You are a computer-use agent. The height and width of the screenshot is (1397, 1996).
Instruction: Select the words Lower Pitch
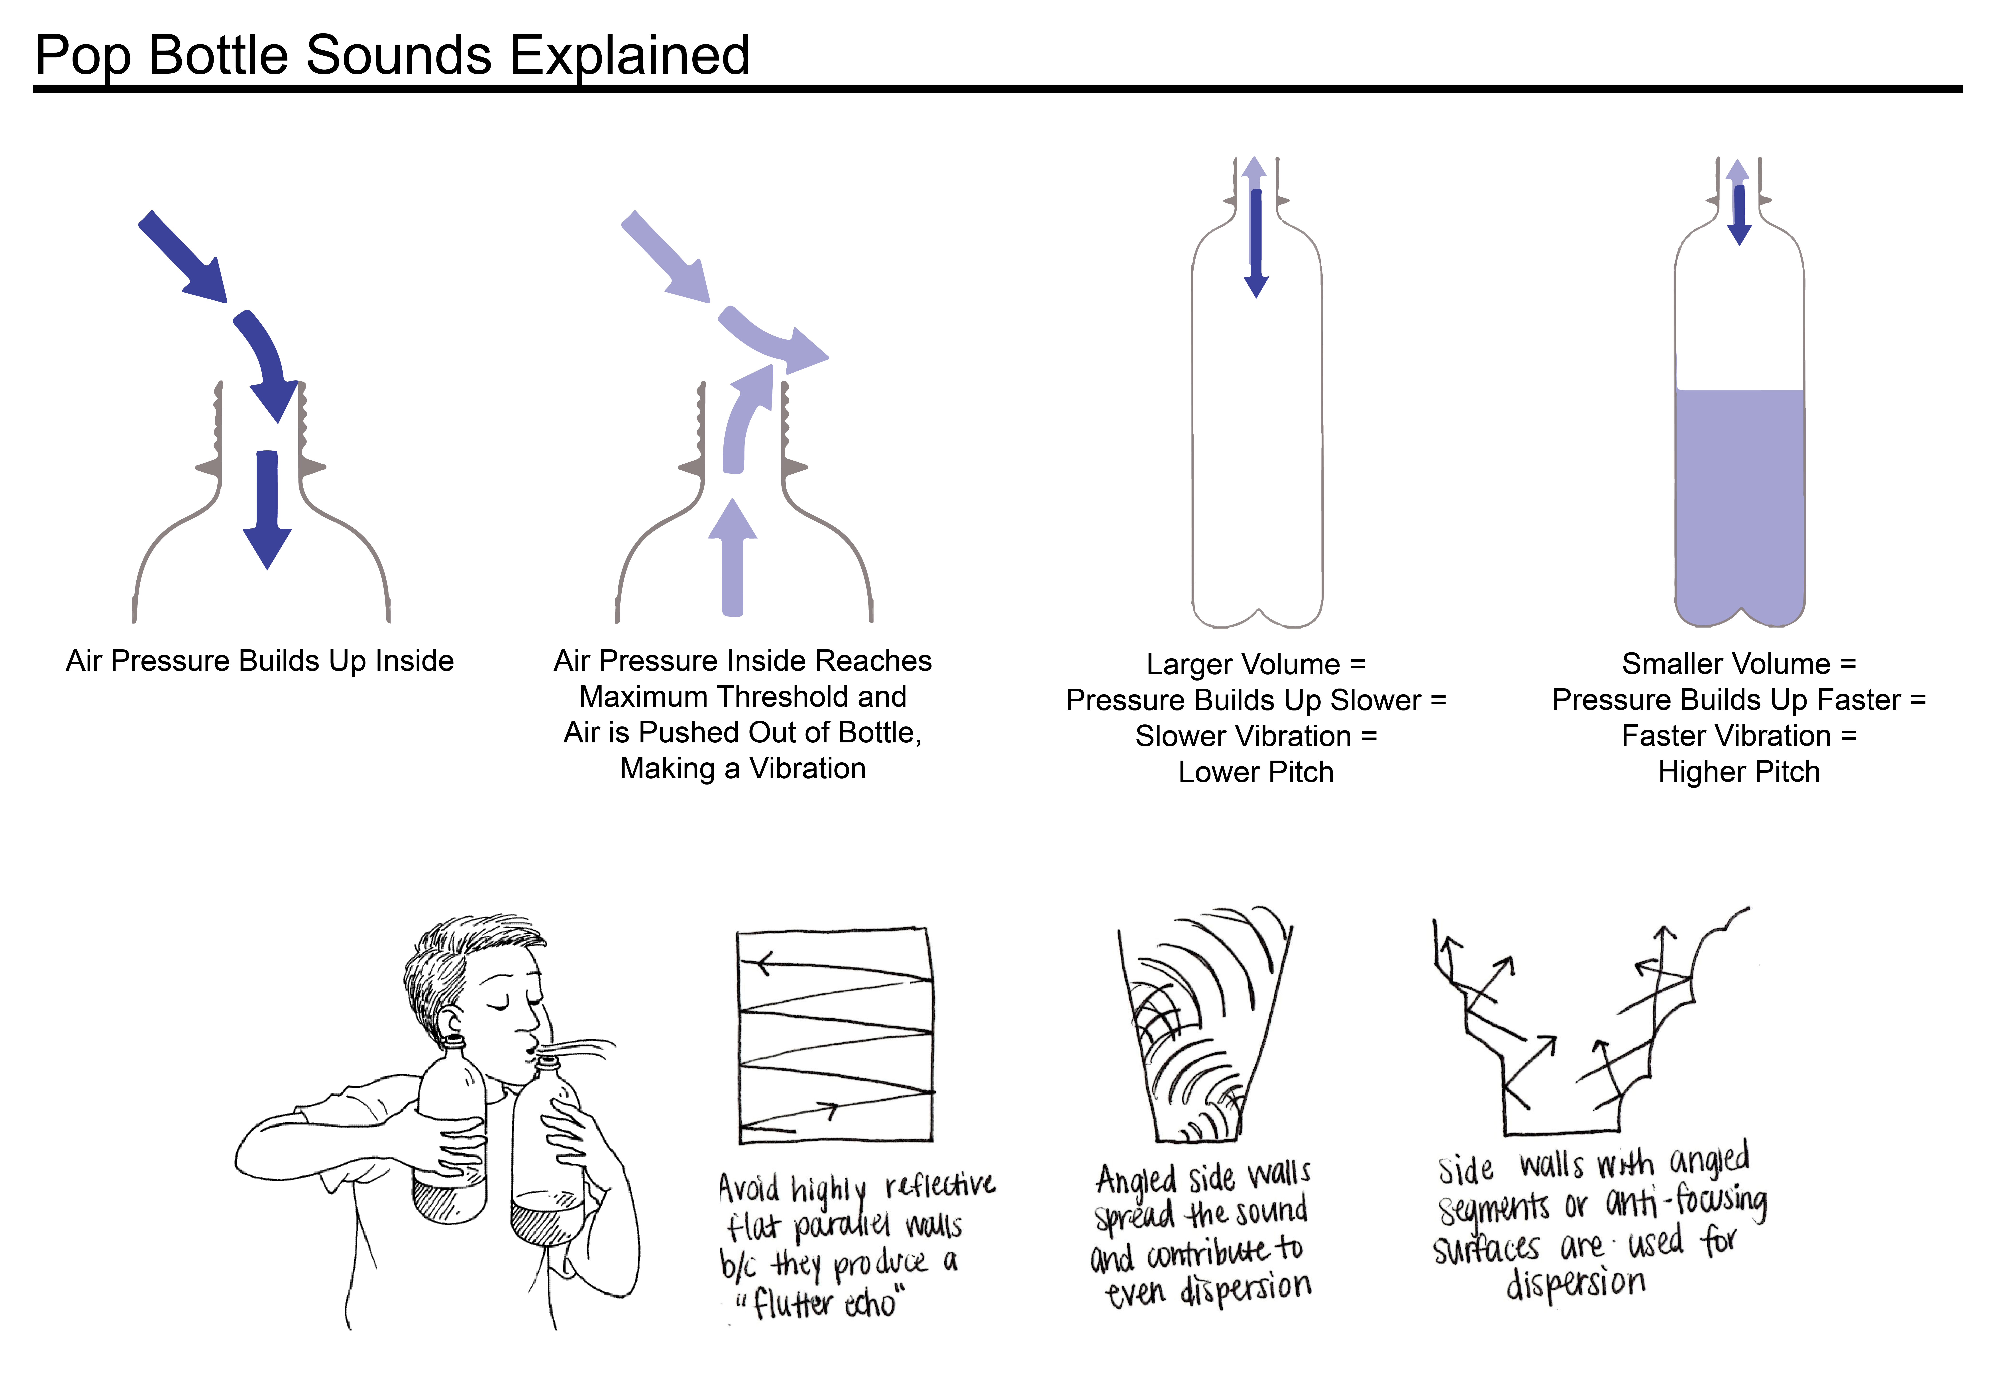1255,772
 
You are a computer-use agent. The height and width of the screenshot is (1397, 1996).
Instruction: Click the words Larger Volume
1243,664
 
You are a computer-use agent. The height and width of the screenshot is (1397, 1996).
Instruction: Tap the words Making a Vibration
743,769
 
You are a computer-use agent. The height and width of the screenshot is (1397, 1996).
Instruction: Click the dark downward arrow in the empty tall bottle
1256,243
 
